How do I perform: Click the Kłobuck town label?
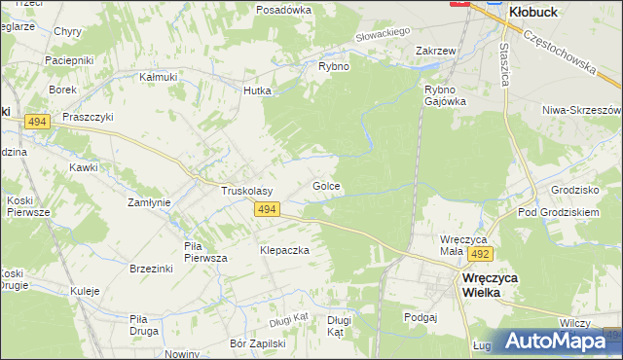[x=537, y=14]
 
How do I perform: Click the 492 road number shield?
[x=478, y=254]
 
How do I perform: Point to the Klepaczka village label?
[x=284, y=250]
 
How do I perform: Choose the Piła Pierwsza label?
[x=205, y=252]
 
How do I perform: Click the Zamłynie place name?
[x=150, y=202]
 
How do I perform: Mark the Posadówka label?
[x=283, y=10]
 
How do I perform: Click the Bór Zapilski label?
[x=257, y=343]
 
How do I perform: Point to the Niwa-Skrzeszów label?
[x=581, y=110]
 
